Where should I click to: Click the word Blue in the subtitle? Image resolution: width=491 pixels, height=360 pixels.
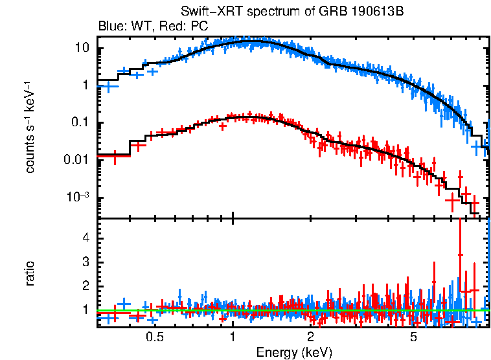pyautogui.click(x=109, y=27)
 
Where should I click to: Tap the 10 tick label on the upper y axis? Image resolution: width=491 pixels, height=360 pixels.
pyautogui.click(x=82, y=48)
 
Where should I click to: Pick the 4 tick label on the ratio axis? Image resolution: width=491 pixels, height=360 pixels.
pyautogui.click(x=84, y=238)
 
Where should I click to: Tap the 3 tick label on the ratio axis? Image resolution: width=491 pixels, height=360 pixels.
pyautogui.click(x=84, y=262)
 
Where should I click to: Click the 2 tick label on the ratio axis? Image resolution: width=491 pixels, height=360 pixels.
pyautogui.click(x=84, y=286)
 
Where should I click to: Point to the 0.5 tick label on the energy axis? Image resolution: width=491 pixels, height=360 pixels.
pyautogui.click(x=154, y=337)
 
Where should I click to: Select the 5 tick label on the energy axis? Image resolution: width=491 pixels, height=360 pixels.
pyautogui.click(x=413, y=337)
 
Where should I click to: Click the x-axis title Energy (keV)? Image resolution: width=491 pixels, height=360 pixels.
pyautogui.click(x=294, y=352)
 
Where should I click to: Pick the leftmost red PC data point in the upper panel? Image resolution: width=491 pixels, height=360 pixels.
pyautogui.click(x=115, y=156)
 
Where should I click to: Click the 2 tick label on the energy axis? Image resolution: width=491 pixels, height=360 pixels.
pyautogui.click(x=310, y=337)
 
